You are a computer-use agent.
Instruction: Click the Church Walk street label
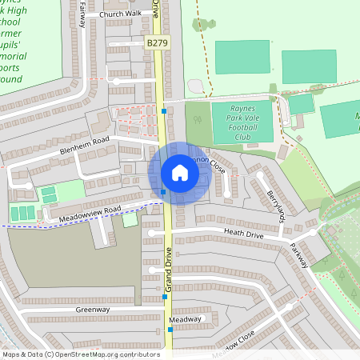click(120, 14)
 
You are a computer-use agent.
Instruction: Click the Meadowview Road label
click(89, 212)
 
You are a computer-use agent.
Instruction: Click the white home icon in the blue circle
click(179, 173)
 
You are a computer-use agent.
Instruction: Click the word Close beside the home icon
click(218, 170)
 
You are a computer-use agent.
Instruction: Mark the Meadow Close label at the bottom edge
click(235, 342)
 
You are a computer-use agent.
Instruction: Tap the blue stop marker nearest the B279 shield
click(164, 111)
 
